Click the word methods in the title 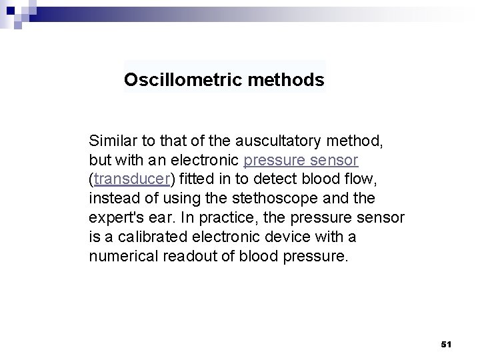tap(286, 81)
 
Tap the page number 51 tap(447, 344)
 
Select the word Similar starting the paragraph tap(112, 141)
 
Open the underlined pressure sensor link tap(301, 161)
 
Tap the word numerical tap(120, 256)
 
